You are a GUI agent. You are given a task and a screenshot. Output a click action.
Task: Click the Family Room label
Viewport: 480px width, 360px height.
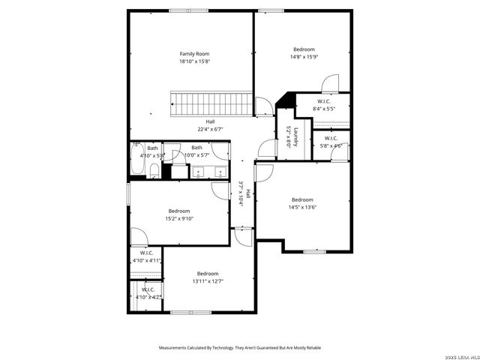[x=193, y=54]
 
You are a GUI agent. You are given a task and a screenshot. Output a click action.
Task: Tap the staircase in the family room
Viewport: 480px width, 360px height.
[x=210, y=103]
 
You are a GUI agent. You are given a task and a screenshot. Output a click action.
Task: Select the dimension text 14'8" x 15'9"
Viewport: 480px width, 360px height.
[x=304, y=57]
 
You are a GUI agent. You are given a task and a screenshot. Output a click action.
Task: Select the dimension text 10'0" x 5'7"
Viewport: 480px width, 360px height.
[x=196, y=155]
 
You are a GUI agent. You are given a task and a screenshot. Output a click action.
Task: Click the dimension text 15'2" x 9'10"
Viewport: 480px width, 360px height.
[x=179, y=218]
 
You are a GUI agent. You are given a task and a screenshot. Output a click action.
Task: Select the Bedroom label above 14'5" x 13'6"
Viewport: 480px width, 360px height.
[x=302, y=199]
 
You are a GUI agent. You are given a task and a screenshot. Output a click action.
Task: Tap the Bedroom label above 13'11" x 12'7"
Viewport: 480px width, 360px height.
[x=208, y=274]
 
